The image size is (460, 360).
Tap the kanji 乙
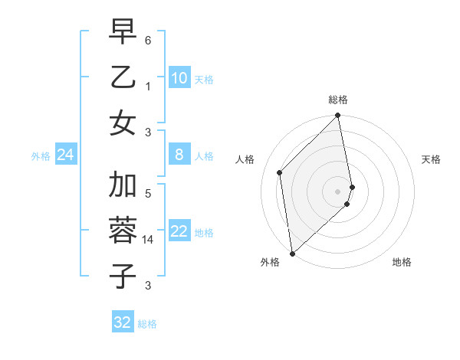[123, 77]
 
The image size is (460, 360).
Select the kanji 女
[123, 124]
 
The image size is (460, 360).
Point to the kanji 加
[123, 185]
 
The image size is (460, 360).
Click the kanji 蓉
[123, 231]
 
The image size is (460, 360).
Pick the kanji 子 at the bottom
[123, 276]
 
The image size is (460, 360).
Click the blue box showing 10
[179, 78]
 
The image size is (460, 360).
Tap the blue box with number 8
[179, 155]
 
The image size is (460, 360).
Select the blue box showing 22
[179, 231]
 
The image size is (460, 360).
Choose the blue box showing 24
[66, 155]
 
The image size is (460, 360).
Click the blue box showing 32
[123, 322]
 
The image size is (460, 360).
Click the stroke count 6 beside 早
[148, 40]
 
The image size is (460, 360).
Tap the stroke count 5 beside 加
[148, 194]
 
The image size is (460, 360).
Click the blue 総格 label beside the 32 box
[147, 324]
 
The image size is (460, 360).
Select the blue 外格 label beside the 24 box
[41, 156]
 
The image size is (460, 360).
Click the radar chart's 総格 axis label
[338, 100]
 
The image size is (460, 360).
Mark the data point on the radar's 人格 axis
[280, 172]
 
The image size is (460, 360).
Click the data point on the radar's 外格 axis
[292, 253]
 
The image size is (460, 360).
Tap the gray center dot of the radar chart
[338, 191]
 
